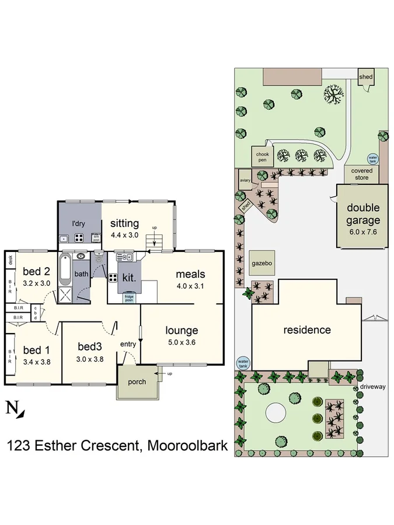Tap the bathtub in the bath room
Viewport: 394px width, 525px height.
[65, 265]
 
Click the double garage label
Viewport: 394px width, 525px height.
[363, 213]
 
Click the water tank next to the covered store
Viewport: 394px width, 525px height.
[371, 158]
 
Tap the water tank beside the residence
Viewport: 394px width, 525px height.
[243, 363]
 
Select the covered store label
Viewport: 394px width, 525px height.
[362, 174]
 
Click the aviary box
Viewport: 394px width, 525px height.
[245, 181]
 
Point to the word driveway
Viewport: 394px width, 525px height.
[373, 387]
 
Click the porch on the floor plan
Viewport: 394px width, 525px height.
[138, 382]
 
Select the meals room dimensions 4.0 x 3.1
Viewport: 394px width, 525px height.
[190, 286]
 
